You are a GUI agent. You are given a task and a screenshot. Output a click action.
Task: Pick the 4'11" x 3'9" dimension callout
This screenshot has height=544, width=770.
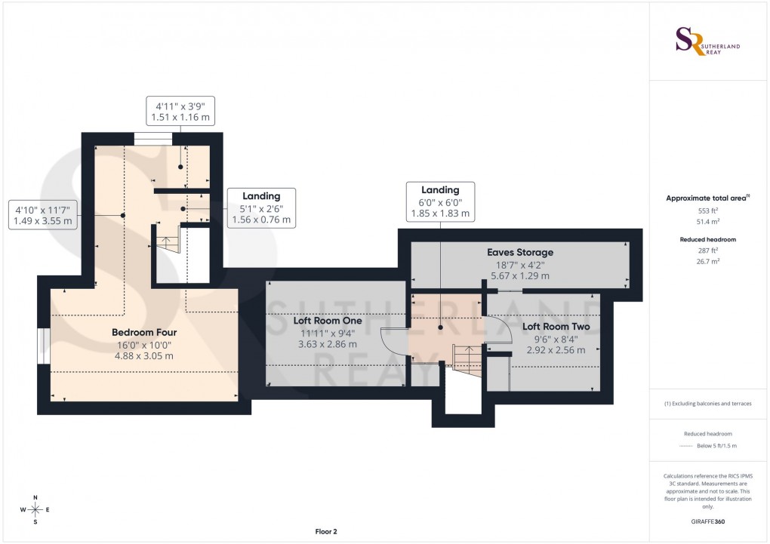(180, 111)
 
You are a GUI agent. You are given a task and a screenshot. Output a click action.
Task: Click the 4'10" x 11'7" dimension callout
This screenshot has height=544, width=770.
(43, 214)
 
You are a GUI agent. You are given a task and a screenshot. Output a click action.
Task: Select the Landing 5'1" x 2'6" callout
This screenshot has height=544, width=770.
(261, 208)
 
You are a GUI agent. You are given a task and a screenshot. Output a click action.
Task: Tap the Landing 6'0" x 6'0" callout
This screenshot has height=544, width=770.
(439, 201)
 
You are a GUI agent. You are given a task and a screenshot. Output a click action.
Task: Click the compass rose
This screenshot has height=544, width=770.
(35, 509)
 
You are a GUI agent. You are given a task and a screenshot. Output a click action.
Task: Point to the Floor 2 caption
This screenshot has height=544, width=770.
(326, 531)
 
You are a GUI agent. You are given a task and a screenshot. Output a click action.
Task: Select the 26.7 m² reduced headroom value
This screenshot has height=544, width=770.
(707, 260)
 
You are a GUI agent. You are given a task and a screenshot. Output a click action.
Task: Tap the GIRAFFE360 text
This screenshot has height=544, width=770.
(707, 521)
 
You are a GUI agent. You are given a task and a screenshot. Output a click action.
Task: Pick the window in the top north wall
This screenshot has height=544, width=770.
(153, 138)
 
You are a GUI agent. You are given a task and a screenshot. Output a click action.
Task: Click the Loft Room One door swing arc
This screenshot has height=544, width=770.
(394, 344)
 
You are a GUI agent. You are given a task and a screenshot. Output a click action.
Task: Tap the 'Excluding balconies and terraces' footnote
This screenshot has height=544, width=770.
(707, 404)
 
